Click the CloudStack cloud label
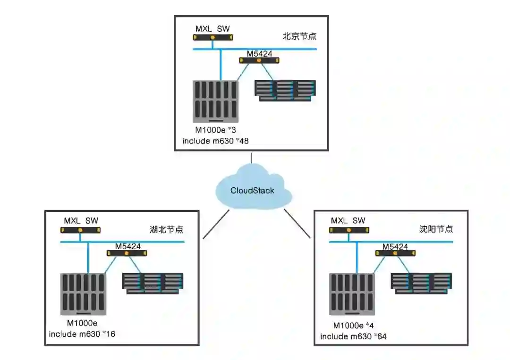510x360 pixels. [252, 191]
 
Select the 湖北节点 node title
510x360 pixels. [166, 230]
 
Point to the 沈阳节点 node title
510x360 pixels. [436, 229]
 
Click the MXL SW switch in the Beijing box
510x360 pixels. [213, 37]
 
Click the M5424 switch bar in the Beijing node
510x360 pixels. [259, 60]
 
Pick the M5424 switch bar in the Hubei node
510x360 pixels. [127, 253]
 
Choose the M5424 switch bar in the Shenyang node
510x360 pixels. [396, 253]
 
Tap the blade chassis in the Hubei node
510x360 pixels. [83, 294]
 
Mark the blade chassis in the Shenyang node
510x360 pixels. [351, 294]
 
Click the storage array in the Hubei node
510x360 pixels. [153, 283]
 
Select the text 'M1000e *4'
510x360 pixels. [354, 325]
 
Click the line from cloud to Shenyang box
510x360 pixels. [297, 224]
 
